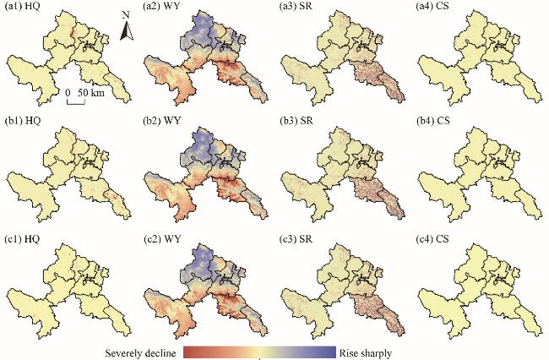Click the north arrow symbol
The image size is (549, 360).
pos(125,33)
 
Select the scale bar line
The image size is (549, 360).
pos(75,102)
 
